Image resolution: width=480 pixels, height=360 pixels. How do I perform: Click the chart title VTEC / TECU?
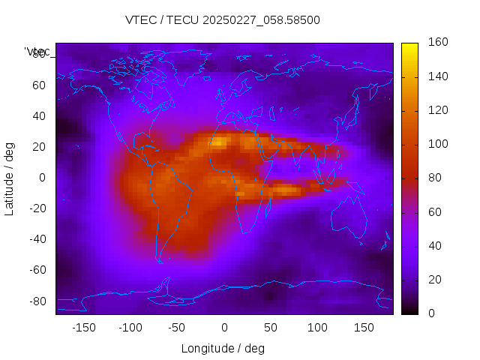[223, 20]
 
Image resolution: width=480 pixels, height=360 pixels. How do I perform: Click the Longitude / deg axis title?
[223, 349]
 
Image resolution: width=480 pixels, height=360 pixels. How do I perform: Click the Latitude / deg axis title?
[10, 177]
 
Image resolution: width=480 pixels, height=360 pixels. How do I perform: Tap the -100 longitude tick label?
[130, 327]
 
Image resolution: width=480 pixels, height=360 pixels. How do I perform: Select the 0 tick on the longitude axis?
[223, 327]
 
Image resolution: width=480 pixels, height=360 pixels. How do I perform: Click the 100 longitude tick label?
[317, 327]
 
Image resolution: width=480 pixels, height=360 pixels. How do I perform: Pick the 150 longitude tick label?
[364, 327]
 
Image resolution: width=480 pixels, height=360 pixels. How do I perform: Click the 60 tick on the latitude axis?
[39, 85]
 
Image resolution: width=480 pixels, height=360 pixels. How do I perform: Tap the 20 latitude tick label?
[39, 147]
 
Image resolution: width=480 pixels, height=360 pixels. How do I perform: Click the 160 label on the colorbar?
[438, 43]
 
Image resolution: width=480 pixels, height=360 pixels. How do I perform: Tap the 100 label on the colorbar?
[438, 144]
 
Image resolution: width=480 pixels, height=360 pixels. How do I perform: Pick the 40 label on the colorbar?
[435, 246]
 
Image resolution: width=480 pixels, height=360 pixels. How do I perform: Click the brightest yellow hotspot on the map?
[218, 141]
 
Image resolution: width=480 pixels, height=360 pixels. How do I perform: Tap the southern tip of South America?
[160, 261]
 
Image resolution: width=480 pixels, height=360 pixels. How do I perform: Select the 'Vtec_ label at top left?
[37, 52]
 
